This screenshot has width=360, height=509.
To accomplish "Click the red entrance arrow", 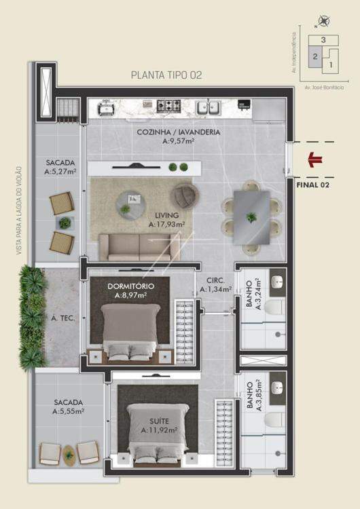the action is pos(315,159).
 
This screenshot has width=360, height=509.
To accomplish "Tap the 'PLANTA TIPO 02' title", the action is pos(166,75).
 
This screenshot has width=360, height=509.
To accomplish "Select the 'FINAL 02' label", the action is pos(313,185).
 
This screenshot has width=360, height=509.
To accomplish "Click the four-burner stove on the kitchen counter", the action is pos(168,106).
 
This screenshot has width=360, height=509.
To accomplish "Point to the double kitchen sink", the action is pos(209,107).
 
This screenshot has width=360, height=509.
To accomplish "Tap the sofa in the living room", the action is pos(139,247).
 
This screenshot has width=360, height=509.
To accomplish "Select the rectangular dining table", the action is pos(251,217).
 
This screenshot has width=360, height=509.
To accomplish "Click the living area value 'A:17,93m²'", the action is pos(166,224).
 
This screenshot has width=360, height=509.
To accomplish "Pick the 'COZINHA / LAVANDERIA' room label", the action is pos(179,132).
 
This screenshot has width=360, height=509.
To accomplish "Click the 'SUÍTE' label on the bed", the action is pos(159,421).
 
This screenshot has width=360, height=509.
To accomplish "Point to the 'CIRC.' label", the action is pos(215,280).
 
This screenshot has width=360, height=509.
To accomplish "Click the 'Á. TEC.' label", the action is pos(63,318).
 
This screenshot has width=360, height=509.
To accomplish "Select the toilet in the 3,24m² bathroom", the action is pos(274,307).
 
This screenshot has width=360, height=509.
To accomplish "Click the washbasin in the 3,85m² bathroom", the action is pos(277,387).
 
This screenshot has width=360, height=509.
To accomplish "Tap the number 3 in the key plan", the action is pos(323,40).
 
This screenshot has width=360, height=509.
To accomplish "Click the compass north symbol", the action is pos(323,21).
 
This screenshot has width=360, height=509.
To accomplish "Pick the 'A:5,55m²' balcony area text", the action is pos(69,411).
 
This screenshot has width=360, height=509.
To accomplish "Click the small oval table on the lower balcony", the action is pos(69,455).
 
